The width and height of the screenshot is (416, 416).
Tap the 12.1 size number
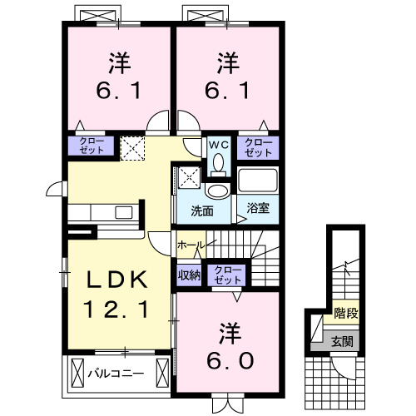(116, 310)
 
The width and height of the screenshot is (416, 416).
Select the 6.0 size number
(230, 362)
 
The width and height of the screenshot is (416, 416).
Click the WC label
(217, 145)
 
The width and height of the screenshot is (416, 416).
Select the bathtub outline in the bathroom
(259, 181)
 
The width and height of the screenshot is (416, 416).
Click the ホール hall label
(191, 246)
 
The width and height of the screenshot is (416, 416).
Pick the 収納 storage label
(188, 275)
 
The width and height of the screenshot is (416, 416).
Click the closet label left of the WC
(92, 147)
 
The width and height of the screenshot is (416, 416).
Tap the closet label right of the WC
(258, 147)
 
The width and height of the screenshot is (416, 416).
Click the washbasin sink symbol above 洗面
(215, 191)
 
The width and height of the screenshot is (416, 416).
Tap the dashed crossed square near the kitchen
(131, 149)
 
